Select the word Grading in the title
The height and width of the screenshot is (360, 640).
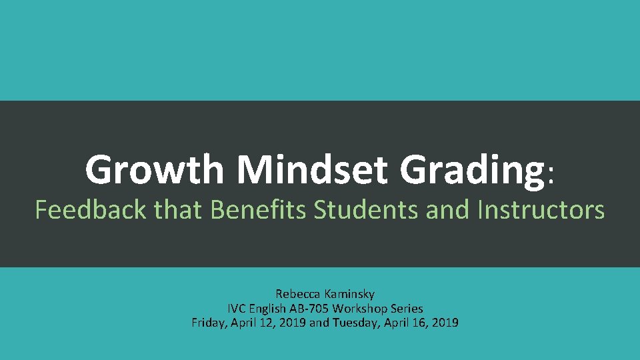[x=472, y=170]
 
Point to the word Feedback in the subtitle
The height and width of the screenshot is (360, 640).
[x=91, y=210]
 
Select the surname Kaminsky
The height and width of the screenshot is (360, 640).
[x=351, y=294]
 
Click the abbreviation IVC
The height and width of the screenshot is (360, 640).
[x=237, y=309]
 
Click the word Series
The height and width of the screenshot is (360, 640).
[x=407, y=309]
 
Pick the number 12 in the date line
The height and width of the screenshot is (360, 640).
[x=265, y=323]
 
